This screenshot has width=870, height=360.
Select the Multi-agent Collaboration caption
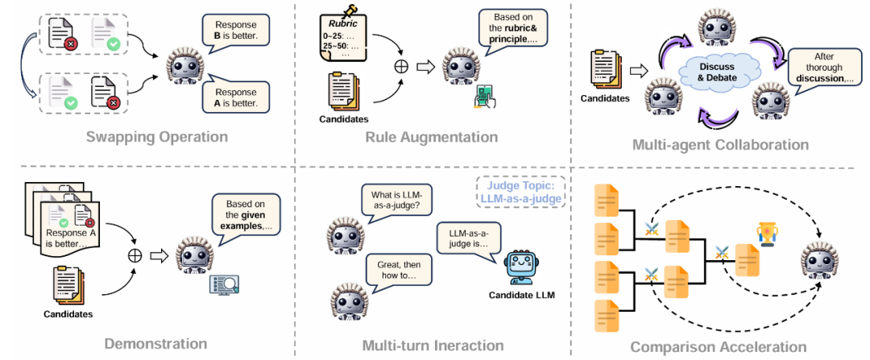(x=719, y=145)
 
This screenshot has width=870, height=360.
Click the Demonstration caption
(x=155, y=344)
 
